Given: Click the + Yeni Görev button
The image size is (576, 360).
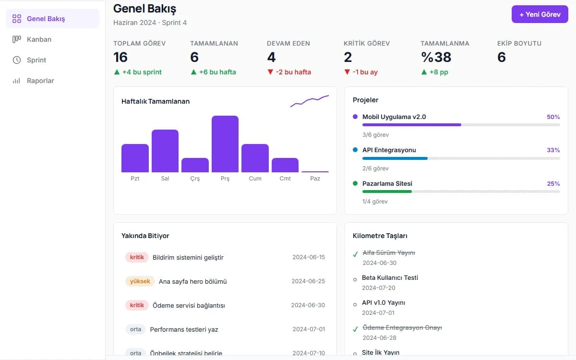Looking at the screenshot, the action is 540,14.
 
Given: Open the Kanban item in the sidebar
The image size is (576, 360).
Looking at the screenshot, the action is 39,39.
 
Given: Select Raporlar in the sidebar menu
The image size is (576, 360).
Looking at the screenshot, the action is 40,81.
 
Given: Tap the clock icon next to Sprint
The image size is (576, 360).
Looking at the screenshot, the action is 17,60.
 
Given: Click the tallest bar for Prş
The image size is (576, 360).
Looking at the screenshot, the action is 225,144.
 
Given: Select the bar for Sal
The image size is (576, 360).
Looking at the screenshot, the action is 165,151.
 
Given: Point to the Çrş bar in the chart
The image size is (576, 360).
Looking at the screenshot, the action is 195,165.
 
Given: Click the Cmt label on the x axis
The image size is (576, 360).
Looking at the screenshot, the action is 285,179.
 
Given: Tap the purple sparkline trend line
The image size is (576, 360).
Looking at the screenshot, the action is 310,101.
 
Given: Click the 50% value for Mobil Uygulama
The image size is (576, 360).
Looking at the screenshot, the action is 553,117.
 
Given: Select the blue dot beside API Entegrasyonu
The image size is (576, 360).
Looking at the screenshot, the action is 355,150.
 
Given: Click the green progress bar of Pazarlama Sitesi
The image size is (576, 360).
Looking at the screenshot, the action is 387,192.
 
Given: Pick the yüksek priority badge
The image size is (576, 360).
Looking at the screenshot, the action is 140,281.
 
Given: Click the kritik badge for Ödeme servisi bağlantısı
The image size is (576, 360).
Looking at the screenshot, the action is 137,305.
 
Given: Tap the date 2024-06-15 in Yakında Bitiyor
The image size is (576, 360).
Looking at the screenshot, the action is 309,257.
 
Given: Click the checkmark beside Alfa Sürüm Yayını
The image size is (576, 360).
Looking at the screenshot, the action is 355,254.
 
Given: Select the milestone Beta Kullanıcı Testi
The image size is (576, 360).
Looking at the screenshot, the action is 390,278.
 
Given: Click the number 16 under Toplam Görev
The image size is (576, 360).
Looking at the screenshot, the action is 120,57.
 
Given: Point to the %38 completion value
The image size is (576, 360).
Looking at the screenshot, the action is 436,57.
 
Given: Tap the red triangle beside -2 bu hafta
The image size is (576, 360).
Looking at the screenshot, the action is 270,72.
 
